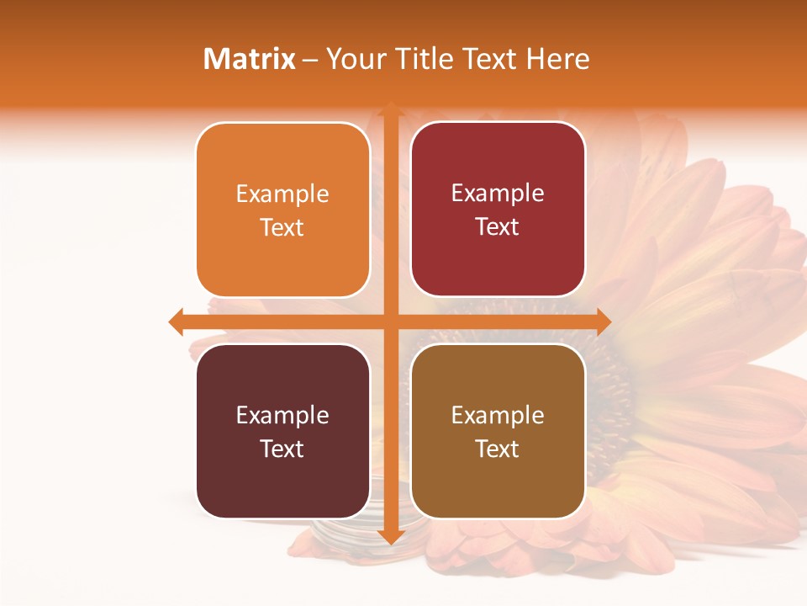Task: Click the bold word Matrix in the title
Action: click(x=250, y=59)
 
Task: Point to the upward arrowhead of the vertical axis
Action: click(x=390, y=109)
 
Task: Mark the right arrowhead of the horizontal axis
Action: click(x=603, y=322)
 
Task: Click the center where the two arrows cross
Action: click(x=390, y=322)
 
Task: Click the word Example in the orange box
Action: click(x=282, y=194)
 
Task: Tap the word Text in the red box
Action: click(x=498, y=227)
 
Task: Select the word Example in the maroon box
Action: click(x=282, y=415)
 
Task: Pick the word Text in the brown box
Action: click(x=498, y=449)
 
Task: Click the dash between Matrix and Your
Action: click(x=310, y=60)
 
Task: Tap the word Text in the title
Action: click(x=489, y=59)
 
